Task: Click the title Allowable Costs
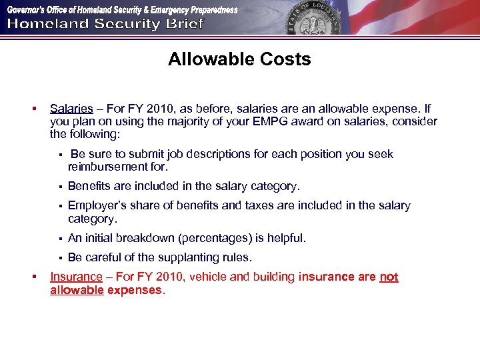pos(239,59)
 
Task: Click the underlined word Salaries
pos(71,109)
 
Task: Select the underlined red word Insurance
pos(76,277)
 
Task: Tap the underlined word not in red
pos(389,277)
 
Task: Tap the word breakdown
pos(147,238)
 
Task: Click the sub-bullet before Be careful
pos(59,258)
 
